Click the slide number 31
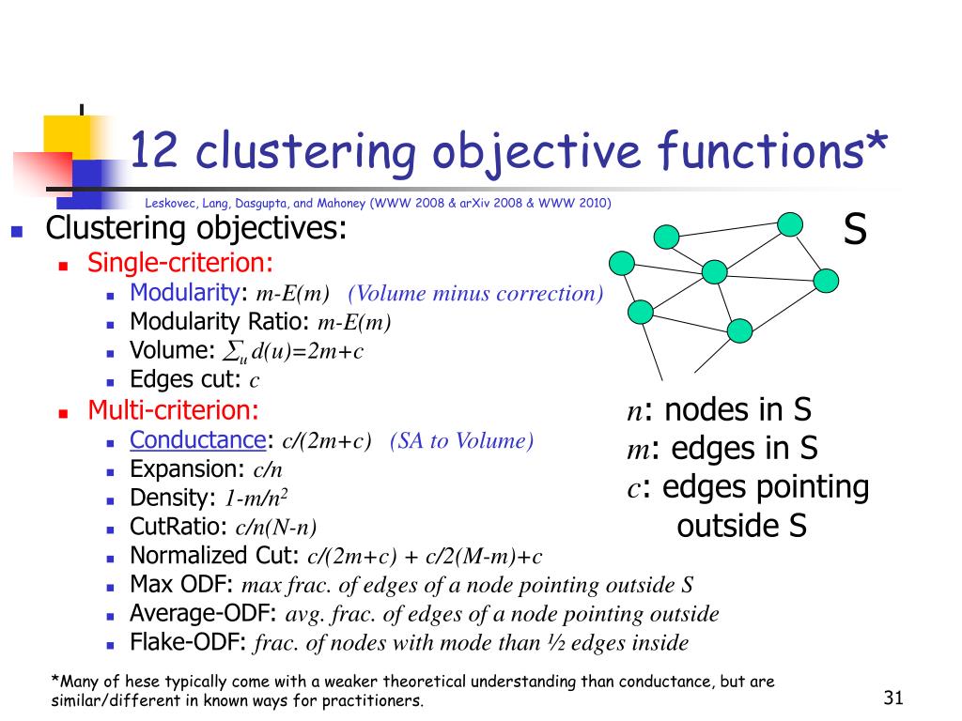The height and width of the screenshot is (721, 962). coord(892,698)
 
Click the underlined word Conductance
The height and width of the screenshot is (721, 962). coord(198,439)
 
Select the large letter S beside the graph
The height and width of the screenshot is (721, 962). coord(854,229)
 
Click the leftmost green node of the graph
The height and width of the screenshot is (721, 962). coord(622,264)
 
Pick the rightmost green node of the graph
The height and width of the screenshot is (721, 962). coord(826,280)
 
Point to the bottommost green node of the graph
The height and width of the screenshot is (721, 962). coord(740,330)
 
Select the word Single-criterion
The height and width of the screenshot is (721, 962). coord(180,263)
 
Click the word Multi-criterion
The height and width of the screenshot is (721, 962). coord(173,410)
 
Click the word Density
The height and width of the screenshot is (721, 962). coord(171,498)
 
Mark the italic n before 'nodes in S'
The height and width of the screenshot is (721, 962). coord(634,412)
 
